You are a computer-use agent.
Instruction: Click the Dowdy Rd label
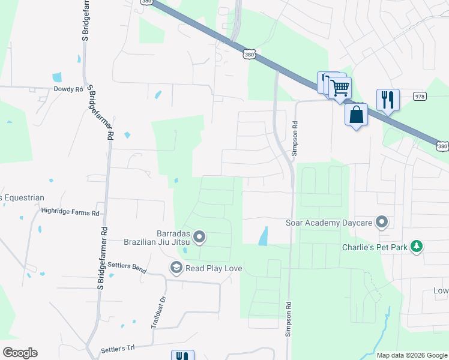click(x=68, y=89)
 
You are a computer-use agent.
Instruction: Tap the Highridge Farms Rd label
click(x=70, y=212)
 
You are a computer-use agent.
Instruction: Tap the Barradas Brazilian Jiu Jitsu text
click(x=156, y=238)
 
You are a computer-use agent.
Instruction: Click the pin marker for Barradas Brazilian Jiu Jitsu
click(x=200, y=238)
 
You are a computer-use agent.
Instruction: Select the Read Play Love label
click(x=214, y=268)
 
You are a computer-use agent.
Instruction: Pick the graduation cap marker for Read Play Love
click(x=176, y=268)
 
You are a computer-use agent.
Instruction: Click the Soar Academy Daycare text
click(x=329, y=223)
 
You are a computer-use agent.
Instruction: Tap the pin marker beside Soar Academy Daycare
click(x=381, y=223)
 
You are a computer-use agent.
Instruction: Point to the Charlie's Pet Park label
click(x=375, y=247)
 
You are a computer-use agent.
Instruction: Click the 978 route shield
click(x=420, y=96)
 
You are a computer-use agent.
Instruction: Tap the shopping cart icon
click(x=340, y=88)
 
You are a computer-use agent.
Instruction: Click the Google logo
click(x=20, y=353)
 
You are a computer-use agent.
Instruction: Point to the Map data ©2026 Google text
click(x=411, y=355)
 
